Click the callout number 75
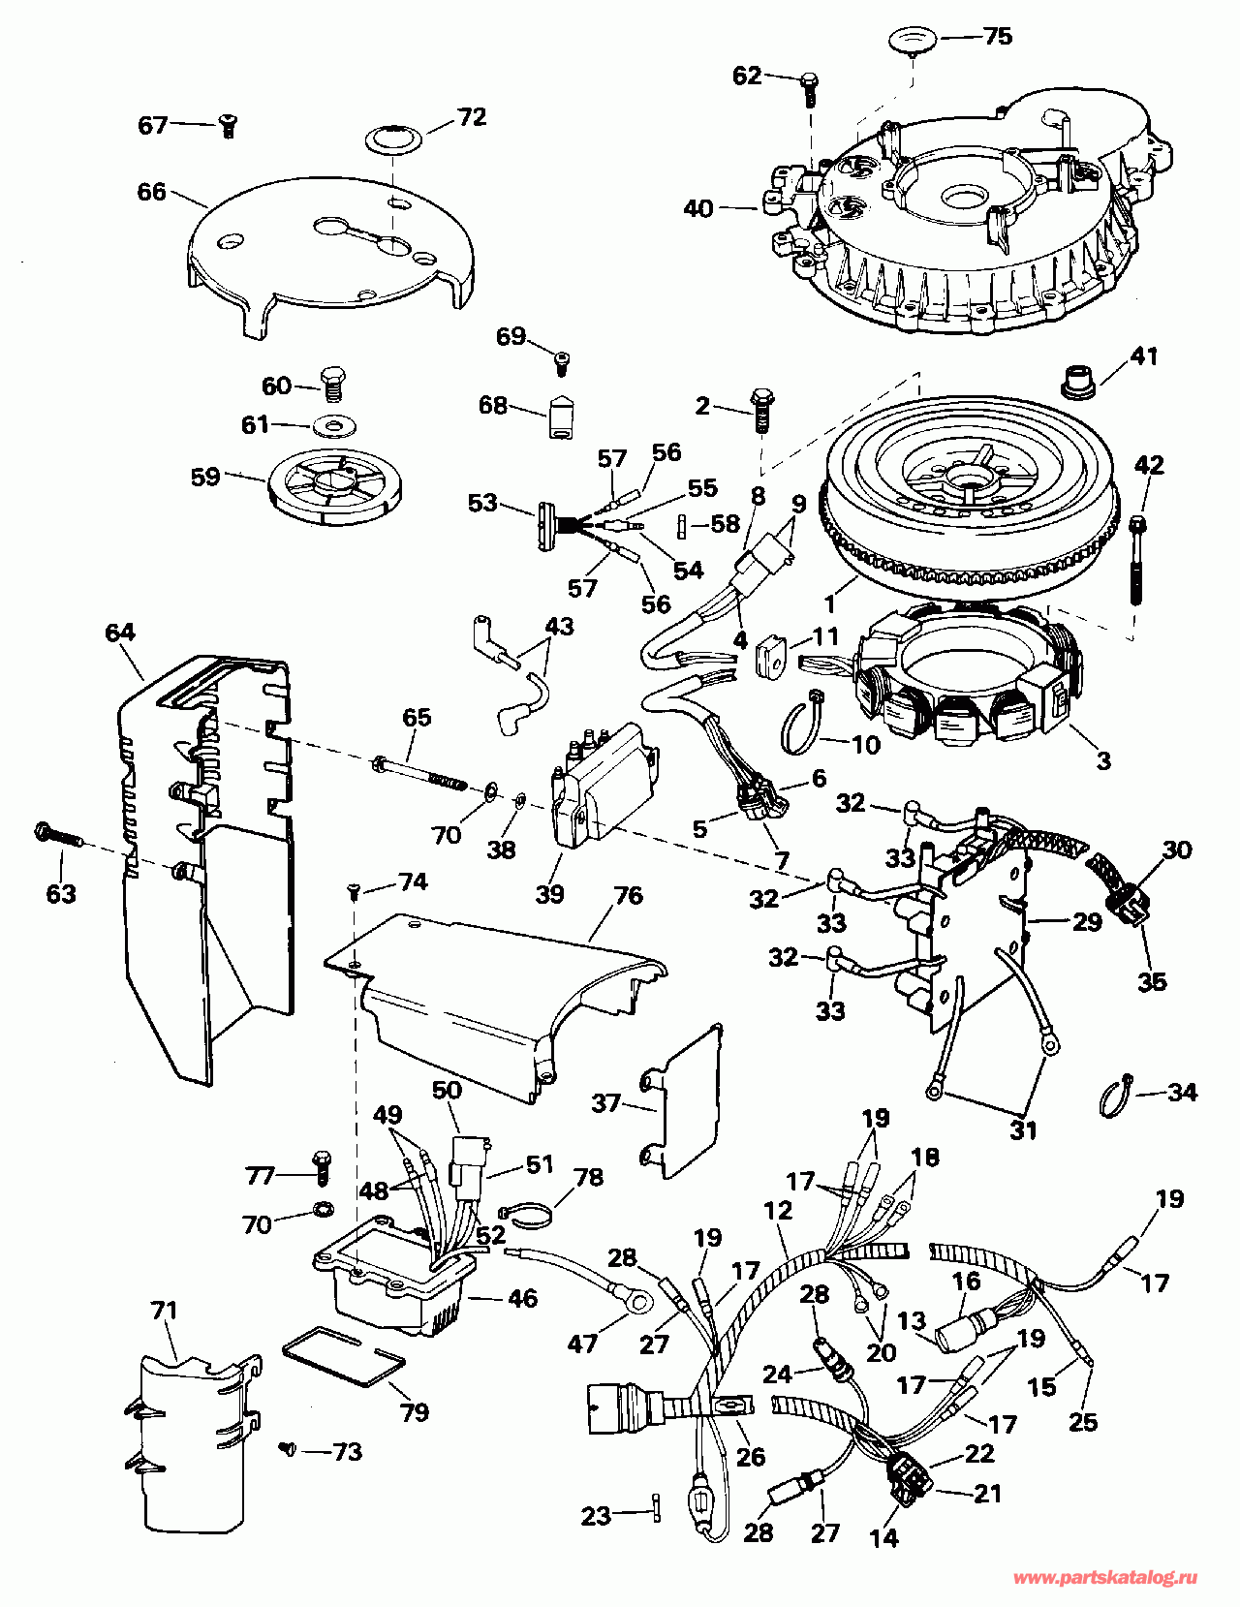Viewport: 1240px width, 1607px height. (998, 37)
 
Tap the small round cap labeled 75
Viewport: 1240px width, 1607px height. (914, 42)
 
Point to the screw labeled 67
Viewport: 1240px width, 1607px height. (228, 127)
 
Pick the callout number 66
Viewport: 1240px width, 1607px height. (152, 192)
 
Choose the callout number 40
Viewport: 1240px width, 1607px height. (698, 209)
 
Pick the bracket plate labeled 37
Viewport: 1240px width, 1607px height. (680, 1102)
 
